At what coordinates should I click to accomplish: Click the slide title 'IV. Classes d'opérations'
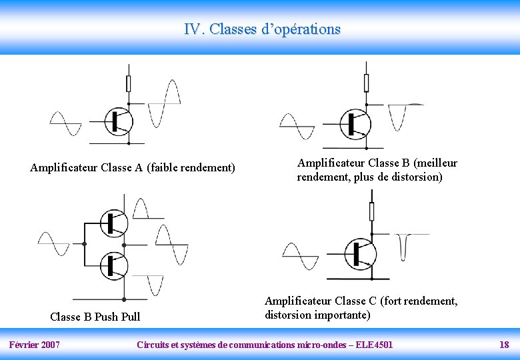point(262,29)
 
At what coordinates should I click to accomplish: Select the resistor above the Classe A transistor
point(129,83)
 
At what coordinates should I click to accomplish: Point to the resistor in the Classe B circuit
point(366,83)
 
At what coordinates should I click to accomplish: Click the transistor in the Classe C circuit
point(361,253)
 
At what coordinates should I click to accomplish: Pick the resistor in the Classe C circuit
point(371,211)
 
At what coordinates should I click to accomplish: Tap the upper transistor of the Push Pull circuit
point(114,223)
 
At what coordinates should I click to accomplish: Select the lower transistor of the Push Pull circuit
point(114,265)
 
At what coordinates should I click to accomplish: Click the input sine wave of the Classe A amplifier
point(65,124)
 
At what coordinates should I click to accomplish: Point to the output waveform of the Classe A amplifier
point(164,103)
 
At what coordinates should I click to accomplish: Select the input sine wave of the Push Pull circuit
point(53,244)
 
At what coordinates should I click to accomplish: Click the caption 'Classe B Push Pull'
point(95,316)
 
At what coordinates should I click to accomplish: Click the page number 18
point(504,345)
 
